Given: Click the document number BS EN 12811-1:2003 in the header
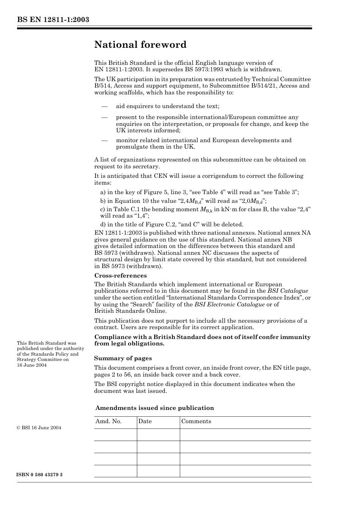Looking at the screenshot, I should click(53, 20).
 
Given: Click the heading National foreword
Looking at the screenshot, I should click(140, 45).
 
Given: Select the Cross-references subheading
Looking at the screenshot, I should click(120, 276).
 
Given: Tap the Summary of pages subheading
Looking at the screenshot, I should click(123, 358).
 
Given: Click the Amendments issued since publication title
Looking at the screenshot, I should click(155, 408).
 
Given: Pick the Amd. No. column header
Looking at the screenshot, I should click(108, 421).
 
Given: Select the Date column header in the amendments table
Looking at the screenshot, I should click(145, 421).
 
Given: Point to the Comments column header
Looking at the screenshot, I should click(196, 421).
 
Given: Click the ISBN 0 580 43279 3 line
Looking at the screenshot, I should click(39, 475).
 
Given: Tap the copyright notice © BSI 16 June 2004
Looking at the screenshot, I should click(39, 428).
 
